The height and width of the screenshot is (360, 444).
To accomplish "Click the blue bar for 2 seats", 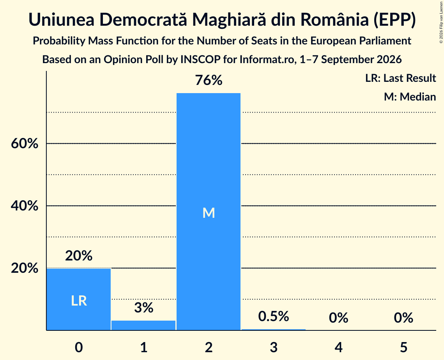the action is [209, 212].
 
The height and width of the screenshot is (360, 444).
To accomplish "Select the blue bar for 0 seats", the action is [79, 299].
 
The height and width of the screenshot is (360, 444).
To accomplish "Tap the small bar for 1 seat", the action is [143, 325].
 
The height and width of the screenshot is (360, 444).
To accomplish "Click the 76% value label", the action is [209, 80].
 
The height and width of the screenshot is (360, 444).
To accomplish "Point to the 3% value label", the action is [144, 308].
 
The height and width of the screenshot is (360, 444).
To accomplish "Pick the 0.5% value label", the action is [274, 316].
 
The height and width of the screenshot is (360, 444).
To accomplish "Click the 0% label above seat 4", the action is [338, 318].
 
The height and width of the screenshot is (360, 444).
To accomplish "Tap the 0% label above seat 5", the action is [403, 318].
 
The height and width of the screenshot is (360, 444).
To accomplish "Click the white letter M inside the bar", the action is [209, 213].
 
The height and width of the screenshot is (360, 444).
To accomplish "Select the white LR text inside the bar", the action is [79, 300].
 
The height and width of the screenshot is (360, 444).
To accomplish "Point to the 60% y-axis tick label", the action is [25, 143].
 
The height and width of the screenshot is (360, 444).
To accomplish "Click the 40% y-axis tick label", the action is [25, 206].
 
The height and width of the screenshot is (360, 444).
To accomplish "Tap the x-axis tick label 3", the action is [274, 347].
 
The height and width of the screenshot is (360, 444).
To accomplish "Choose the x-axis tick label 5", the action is [403, 347].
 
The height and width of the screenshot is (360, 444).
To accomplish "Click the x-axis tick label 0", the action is [79, 347].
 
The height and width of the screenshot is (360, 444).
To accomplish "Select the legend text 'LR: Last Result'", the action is [400, 78].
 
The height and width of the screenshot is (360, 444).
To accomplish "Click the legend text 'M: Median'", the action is [410, 97].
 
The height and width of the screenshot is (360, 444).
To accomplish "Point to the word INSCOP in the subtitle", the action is [200, 60].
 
